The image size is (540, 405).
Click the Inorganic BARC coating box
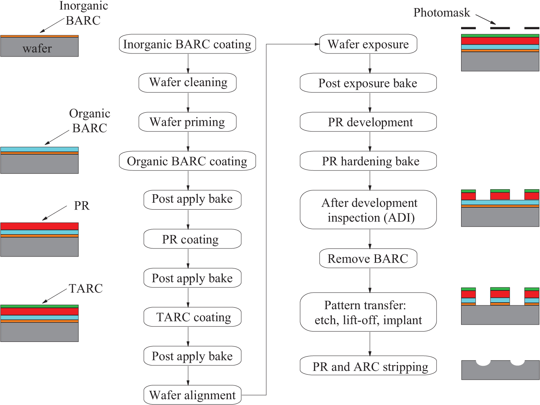click(187, 44)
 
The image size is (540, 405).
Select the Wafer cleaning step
click(187, 83)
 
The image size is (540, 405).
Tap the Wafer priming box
click(187, 122)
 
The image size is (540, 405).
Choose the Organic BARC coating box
click(187, 161)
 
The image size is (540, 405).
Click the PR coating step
click(192, 239)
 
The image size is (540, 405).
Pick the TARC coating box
click(192, 317)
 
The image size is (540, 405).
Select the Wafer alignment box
click(192, 395)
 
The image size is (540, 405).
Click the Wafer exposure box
click(368, 44)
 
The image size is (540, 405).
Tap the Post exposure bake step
click(368, 83)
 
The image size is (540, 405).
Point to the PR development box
click(368, 122)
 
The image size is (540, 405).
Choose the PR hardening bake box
click(368, 161)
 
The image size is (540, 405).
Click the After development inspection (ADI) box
click(368, 210)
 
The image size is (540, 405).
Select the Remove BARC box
click(368, 258)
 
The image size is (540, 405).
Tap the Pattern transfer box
click(368, 312)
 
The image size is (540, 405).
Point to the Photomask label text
click(441, 13)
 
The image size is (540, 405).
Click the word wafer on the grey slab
click(37, 48)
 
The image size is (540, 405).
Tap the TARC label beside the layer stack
click(85, 288)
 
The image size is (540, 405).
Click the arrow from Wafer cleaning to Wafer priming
click(188, 102)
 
